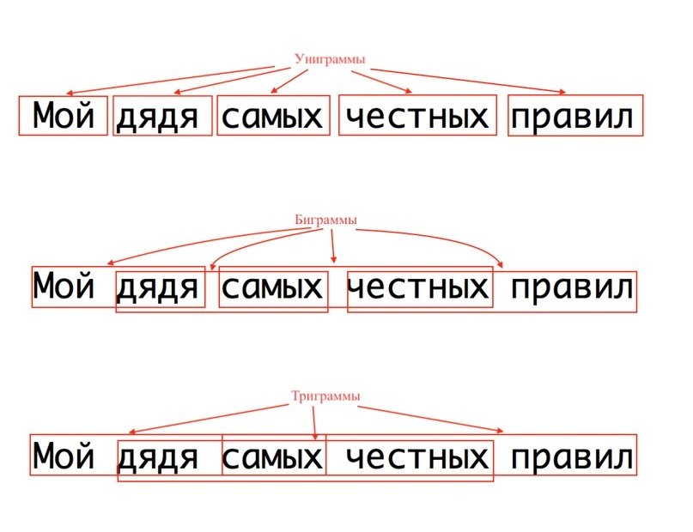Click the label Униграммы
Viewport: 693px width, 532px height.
[x=330, y=59]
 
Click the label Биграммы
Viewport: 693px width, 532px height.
[x=325, y=221]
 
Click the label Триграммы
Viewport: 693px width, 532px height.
[x=325, y=396]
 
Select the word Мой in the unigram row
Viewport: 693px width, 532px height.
[x=63, y=116]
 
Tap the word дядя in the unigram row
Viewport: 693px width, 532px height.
[x=161, y=117]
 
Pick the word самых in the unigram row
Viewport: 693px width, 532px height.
[x=272, y=117]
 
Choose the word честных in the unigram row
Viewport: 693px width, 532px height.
[x=417, y=117]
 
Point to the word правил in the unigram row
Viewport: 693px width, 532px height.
[x=574, y=117]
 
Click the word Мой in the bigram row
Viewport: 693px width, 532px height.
[x=63, y=287]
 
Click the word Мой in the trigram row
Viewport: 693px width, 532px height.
[x=63, y=456]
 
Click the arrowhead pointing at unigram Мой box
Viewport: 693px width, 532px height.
[x=70, y=94]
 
